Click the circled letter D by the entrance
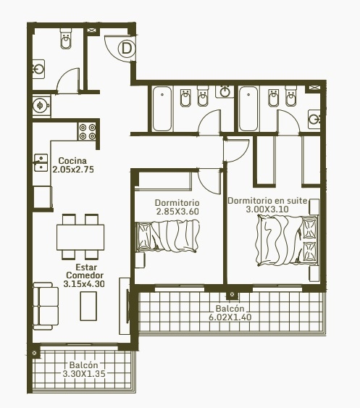tap(127, 49)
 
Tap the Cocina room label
tap(72, 161)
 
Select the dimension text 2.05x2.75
tap(73, 170)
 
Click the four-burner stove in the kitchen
tap(88, 132)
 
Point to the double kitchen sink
tap(41, 162)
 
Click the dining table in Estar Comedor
tap(80, 237)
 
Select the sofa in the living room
tap(46, 306)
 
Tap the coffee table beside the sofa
tap(88, 306)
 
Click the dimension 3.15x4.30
tap(84, 284)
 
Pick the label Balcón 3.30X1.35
tap(84, 370)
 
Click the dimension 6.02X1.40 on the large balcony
tap(230, 317)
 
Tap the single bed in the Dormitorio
tap(168, 236)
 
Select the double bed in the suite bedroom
tap(287, 241)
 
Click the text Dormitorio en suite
tap(267, 201)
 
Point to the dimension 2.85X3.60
tap(177, 212)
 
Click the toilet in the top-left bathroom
tap(66, 38)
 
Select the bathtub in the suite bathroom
tap(248, 109)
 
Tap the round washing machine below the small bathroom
tap(41, 105)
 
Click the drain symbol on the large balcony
tap(232, 294)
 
